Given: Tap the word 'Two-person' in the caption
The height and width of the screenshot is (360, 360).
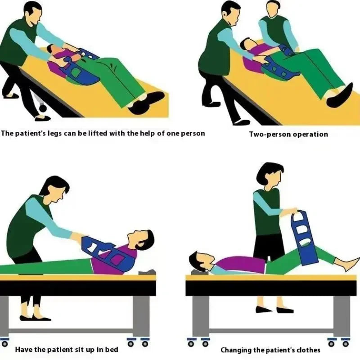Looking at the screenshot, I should pyautogui.click(x=269, y=134).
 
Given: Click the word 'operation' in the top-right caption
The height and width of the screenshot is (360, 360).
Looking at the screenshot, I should pyautogui.click(x=310, y=134).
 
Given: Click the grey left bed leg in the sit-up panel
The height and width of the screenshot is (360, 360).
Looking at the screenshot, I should pyautogui.click(x=4, y=315).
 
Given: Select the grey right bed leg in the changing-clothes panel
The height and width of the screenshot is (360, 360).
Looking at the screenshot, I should pyautogui.click(x=341, y=315).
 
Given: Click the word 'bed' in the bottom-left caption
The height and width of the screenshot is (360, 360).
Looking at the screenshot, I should pyautogui.click(x=110, y=349).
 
